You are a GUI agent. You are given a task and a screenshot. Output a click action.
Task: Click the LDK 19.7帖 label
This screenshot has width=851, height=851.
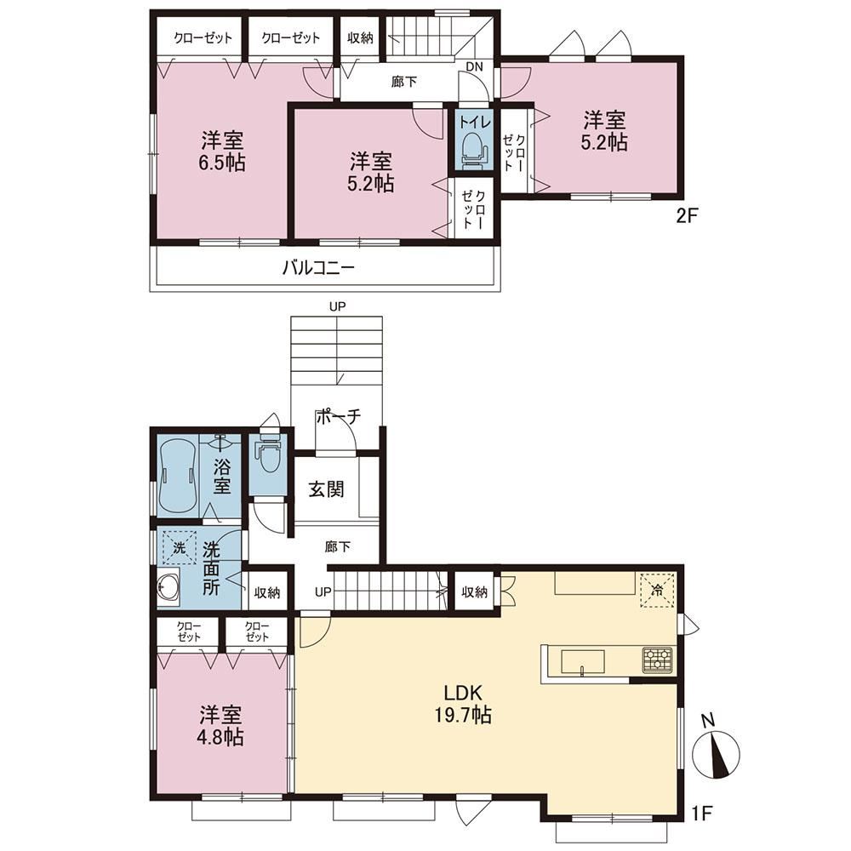[x=462, y=704]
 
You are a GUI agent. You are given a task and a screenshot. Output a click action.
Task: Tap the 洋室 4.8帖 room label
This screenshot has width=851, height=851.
[x=221, y=726]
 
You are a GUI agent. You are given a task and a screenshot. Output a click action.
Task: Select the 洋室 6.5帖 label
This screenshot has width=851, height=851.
[x=222, y=151]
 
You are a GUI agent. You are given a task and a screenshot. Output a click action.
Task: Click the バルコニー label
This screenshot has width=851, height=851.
[x=318, y=267]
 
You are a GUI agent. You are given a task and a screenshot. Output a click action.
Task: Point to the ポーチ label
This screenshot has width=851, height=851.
[x=338, y=416]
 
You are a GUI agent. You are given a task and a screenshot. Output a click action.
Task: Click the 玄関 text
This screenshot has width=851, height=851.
[x=326, y=489]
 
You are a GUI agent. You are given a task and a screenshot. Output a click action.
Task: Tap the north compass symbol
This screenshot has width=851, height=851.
[x=717, y=754]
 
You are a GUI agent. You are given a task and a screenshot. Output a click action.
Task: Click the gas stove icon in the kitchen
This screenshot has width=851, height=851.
[x=657, y=660]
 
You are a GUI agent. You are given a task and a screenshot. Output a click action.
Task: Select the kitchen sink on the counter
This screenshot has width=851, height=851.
[x=582, y=662]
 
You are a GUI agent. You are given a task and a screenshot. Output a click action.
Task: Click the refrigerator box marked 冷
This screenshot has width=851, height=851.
[x=657, y=590]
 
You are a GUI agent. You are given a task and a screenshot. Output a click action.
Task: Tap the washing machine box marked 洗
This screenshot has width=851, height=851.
[x=179, y=547]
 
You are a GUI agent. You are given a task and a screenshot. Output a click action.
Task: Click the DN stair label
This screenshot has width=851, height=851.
[x=474, y=66]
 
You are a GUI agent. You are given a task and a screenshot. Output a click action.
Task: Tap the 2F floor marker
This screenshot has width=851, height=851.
[x=685, y=216]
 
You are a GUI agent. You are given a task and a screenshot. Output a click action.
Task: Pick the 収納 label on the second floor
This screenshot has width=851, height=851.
[x=360, y=37]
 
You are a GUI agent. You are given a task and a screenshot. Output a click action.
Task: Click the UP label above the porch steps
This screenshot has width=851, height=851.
[x=337, y=306]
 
